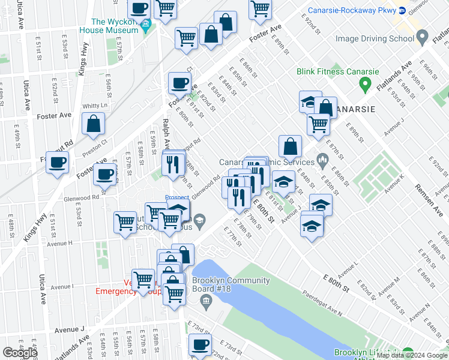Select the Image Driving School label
tap(375, 39)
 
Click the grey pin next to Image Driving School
tap(423, 38)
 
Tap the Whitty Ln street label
tap(94, 106)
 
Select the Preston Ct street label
tap(95, 149)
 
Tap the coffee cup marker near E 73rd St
tap(200, 344)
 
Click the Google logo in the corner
tap(20, 353)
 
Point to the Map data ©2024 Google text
tap(412, 355)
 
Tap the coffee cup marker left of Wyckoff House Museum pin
tap(139, 8)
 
